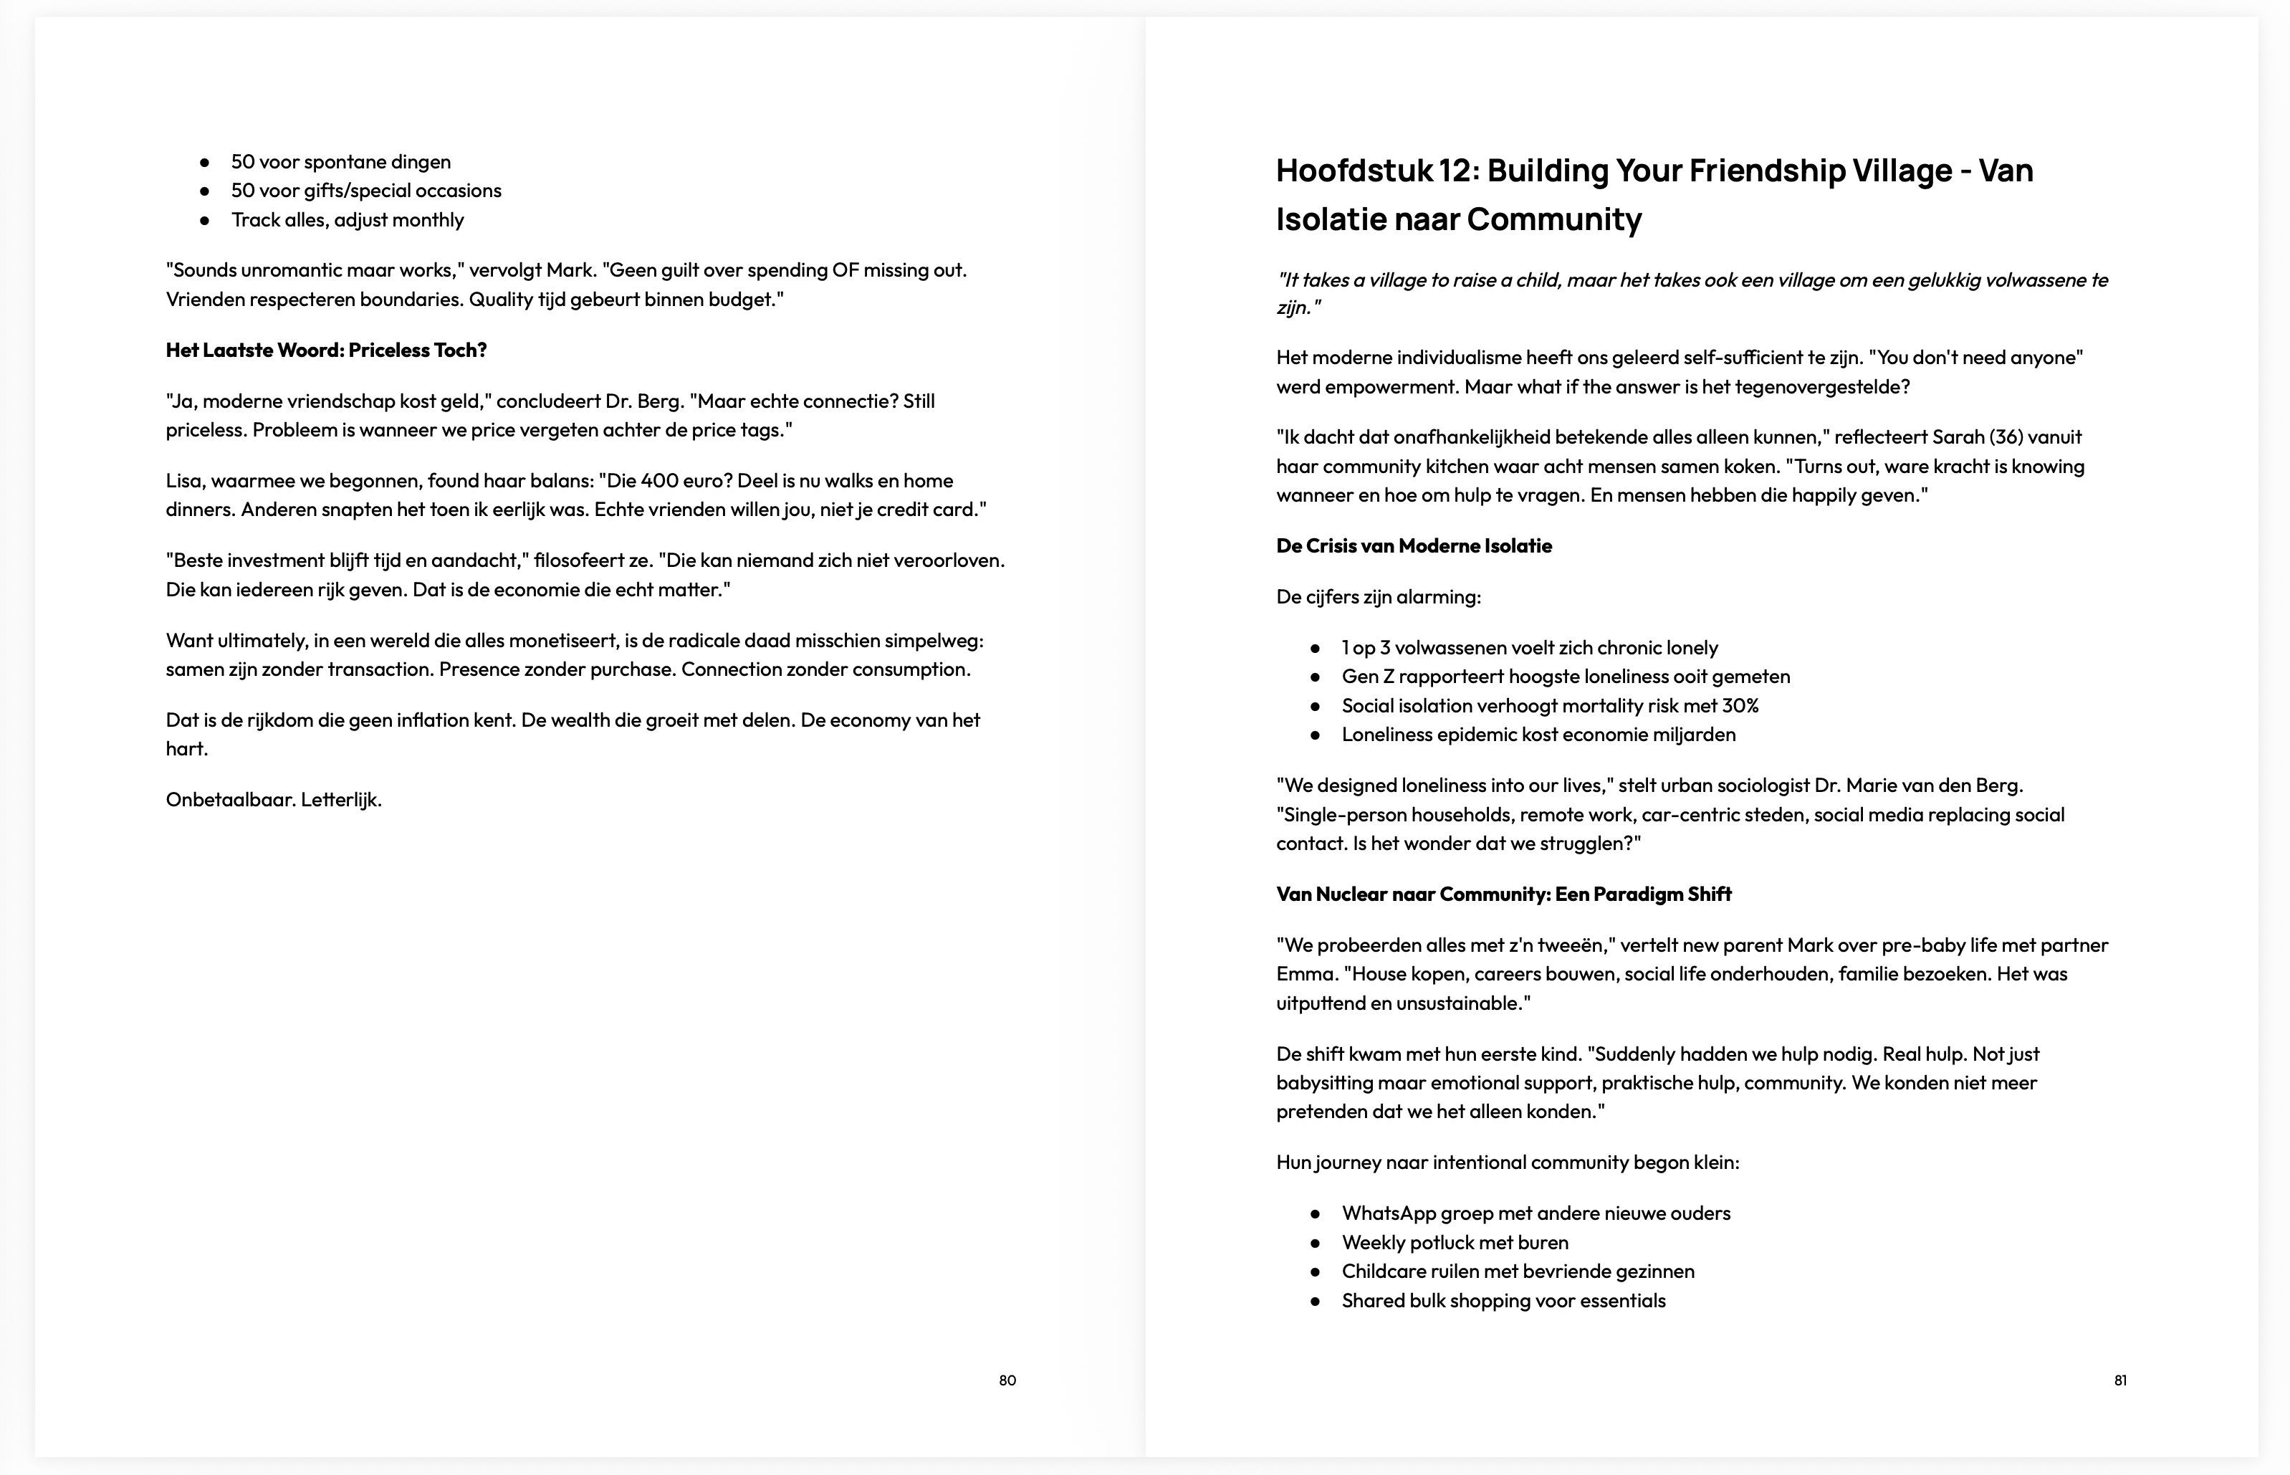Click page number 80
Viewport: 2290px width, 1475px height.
[1007, 1380]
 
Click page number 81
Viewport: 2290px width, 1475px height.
[2121, 1380]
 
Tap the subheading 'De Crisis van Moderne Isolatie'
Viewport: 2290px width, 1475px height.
[1414, 546]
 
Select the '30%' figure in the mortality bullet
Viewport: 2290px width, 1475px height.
[1740, 706]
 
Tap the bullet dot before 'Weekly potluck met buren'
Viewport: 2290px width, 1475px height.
[1316, 1244]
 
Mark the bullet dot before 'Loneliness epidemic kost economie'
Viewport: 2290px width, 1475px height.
[1316, 735]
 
